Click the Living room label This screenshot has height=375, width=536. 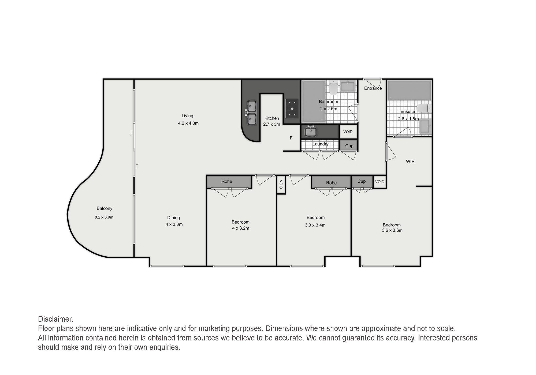tap(187, 116)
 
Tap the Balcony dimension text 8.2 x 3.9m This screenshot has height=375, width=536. tap(104, 217)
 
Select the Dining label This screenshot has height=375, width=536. tap(173, 218)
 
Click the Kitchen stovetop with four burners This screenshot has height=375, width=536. tap(292, 109)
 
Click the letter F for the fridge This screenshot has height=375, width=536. tap(291, 138)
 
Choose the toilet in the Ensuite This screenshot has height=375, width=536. tap(424, 108)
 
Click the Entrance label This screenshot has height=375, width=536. tap(373, 88)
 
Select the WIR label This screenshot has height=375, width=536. tap(410, 162)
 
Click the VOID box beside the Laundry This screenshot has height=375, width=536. tap(348, 132)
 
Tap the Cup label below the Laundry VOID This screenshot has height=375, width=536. tap(349, 146)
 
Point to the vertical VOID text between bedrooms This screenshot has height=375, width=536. tap(281, 184)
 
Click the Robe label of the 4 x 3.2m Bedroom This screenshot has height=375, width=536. tap(227, 181)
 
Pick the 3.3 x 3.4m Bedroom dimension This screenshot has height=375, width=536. tap(315, 225)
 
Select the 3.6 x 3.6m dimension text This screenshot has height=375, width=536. tap(392, 230)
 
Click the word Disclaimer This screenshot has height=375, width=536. tap(56, 319)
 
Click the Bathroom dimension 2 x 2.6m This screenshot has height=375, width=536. tap(329, 109)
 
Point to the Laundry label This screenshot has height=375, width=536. tap(320, 144)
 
